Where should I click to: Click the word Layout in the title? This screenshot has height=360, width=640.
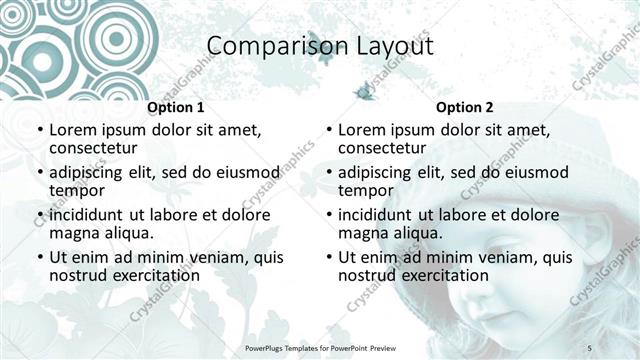pyautogui.click(x=391, y=46)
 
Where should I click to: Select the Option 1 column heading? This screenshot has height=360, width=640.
pyautogui.click(x=175, y=107)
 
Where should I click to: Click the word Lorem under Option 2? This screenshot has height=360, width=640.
pyautogui.click(x=362, y=130)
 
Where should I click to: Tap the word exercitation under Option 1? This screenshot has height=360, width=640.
pyautogui.click(x=155, y=274)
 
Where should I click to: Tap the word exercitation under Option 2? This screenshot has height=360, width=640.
pyautogui.click(x=444, y=274)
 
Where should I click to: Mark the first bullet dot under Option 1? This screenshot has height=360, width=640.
pyautogui.click(x=39, y=131)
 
